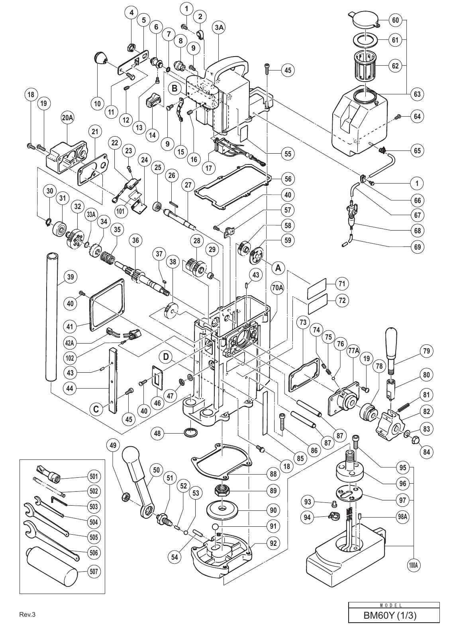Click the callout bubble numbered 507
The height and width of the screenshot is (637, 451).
pyautogui.click(x=94, y=572)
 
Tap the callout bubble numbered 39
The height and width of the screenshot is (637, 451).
pyautogui.click(x=71, y=276)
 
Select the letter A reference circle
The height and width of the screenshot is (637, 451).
pyautogui.click(x=278, y=268)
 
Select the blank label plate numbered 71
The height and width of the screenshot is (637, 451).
pyautogui.click(x=317, y=284)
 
